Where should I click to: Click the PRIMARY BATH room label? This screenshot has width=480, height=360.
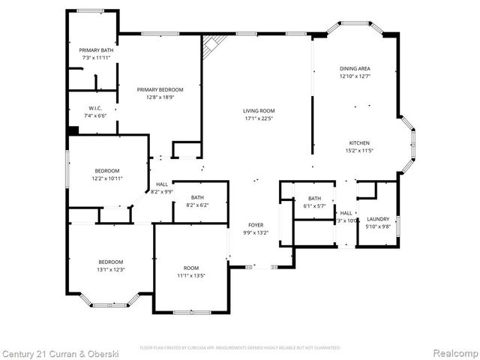click(x=97, y=50)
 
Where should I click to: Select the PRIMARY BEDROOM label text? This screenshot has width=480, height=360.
click(x=160, y=89)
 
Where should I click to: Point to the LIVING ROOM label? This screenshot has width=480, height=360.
click(x=259, y=111)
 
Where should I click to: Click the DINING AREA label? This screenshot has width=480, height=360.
click(x=355, y=69)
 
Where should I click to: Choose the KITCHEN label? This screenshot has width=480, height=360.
click(x=359, y=142)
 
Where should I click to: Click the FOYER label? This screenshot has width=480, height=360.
click(x=256, y=225)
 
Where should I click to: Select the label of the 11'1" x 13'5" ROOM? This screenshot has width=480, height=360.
click(x=191, y=268)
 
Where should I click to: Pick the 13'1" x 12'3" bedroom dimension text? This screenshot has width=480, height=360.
click(x=110, y=270)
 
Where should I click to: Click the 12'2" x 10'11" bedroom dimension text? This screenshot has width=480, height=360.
click(x=107, y=178)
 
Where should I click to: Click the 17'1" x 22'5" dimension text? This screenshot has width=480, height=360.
click(x=259, y=118)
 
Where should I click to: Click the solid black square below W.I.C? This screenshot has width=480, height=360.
click(x=73, y=130)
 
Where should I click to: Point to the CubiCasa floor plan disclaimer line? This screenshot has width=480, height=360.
click(x=240, y=348)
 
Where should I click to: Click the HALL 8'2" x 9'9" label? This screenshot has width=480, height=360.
click(x=161, y=188)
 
